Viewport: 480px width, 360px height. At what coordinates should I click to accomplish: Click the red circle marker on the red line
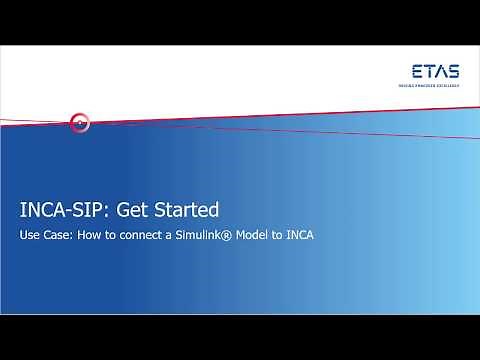[81, 124]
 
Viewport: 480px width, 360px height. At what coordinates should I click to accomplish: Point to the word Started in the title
[187, 211]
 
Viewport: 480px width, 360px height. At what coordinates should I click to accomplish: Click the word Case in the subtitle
[59, 240]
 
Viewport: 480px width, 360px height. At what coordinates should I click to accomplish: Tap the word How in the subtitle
[91, 240]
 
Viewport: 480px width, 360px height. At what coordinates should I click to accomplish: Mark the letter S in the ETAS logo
[456, 71]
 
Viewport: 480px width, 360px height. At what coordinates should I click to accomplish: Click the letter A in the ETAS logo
[442, 71]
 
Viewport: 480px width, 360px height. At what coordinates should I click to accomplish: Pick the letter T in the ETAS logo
[430, 71]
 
